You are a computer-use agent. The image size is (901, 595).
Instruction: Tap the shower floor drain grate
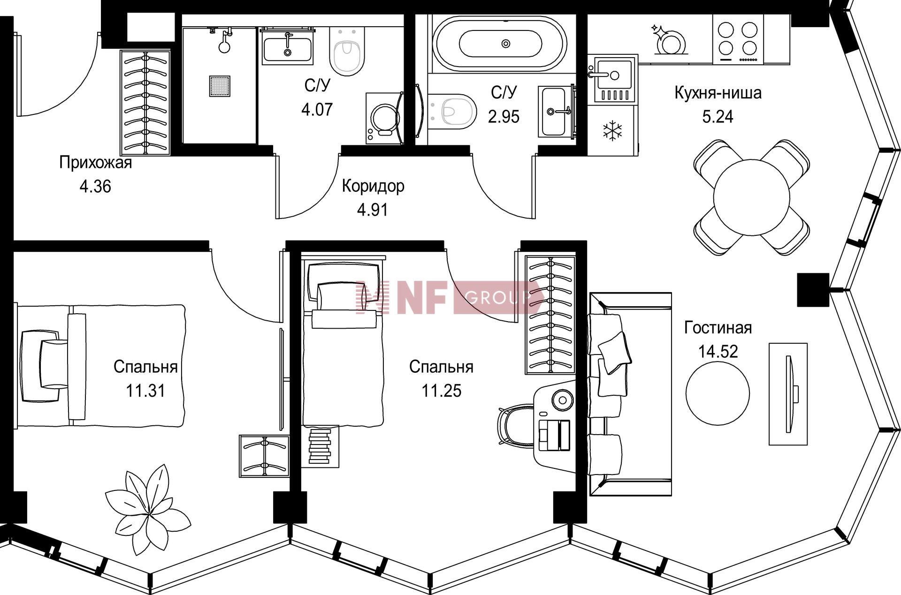pos(219,86)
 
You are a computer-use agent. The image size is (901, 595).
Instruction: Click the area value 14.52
pos(718,351)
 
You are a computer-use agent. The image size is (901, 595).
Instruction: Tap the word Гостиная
pos(718,328)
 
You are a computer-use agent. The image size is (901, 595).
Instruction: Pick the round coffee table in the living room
pos(718,393)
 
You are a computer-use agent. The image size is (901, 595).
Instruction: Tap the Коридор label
pos(373,186)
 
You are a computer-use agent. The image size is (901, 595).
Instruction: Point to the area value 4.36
pos(95,187)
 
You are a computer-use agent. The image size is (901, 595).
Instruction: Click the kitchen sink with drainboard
pos(612,79)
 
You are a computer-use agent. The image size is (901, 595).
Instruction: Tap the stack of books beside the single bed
pos(320,446)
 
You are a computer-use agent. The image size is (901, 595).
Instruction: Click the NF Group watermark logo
pos(450,297)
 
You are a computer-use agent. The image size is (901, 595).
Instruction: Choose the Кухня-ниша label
pos(718,93)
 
